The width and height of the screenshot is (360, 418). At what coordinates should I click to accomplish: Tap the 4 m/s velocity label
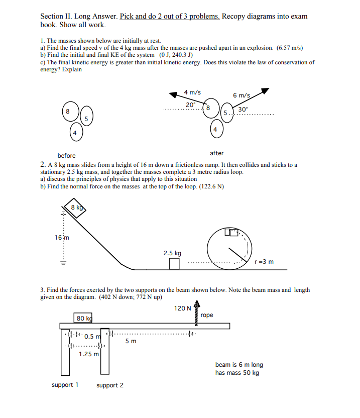tap(192, 92)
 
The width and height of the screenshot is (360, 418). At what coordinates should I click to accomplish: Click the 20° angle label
tap(191, 104)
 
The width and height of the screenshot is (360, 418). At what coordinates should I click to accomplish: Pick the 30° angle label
tap(243, 110)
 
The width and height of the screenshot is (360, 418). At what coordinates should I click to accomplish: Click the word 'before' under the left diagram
tap(66, 156)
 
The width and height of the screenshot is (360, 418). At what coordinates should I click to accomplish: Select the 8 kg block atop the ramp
tap(74, 208)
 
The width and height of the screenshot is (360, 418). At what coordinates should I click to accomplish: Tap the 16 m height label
tap(62, 238)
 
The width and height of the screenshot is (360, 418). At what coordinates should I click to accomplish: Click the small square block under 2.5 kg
tap(174, 263)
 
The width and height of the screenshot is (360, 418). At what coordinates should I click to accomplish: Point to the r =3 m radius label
tap(264, 262)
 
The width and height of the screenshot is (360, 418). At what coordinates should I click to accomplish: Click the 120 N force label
tap(182, 308)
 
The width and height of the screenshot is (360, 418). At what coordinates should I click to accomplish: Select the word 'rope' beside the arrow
tap(206, 315)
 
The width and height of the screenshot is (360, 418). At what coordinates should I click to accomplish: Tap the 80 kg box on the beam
tap(83, 318)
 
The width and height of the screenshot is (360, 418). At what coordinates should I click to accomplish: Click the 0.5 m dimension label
tap(93, 336)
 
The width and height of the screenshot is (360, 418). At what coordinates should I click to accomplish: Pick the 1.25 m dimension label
tap(89, 354)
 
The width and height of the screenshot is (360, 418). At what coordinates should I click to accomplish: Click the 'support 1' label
tap(65, 385)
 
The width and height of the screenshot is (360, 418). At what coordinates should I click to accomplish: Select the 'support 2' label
tap(110, 385)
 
